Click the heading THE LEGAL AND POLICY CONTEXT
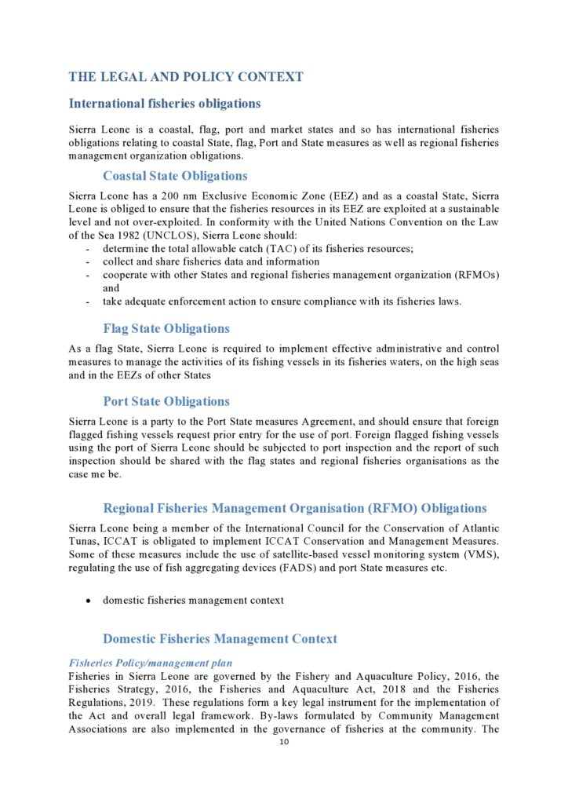click(x=186, y=77)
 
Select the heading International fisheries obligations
click(x=165, y=104)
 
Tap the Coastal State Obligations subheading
click(x=175, y=176)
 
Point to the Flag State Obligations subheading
click(x=166, y=328)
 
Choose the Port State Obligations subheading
click(x=166, y=401)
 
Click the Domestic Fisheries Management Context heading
click(x=220, y=639)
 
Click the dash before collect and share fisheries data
click(x=86, y=262)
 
